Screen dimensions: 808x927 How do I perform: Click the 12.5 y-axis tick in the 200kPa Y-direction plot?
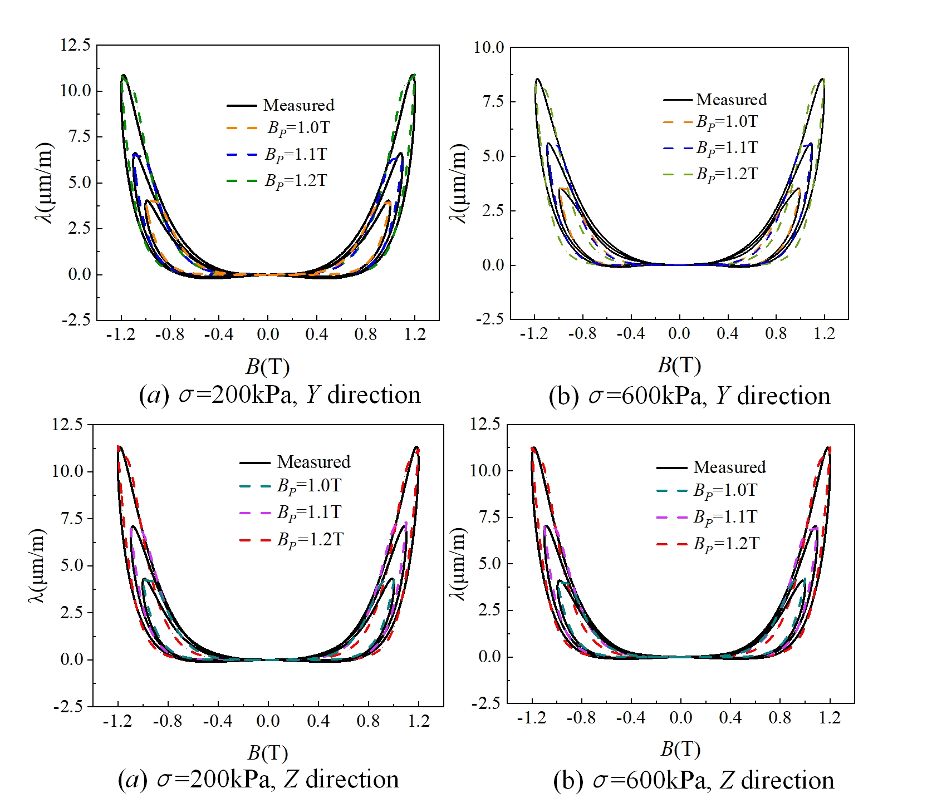[75, 45]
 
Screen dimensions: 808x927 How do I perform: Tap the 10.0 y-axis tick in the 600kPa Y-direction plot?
[488, 47]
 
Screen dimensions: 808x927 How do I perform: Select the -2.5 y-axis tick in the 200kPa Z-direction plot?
[68, 706]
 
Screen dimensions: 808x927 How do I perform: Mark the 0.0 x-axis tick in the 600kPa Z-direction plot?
[680, 718]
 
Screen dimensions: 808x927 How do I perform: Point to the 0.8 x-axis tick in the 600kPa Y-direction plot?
[776, 333]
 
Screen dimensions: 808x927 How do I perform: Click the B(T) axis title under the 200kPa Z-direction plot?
[268, 753]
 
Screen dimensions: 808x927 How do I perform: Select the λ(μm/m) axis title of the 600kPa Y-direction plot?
[458, 184]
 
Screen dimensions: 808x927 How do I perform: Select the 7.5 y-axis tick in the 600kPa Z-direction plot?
[489, 517]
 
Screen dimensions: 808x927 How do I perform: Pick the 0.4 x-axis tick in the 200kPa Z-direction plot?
[318, 721]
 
